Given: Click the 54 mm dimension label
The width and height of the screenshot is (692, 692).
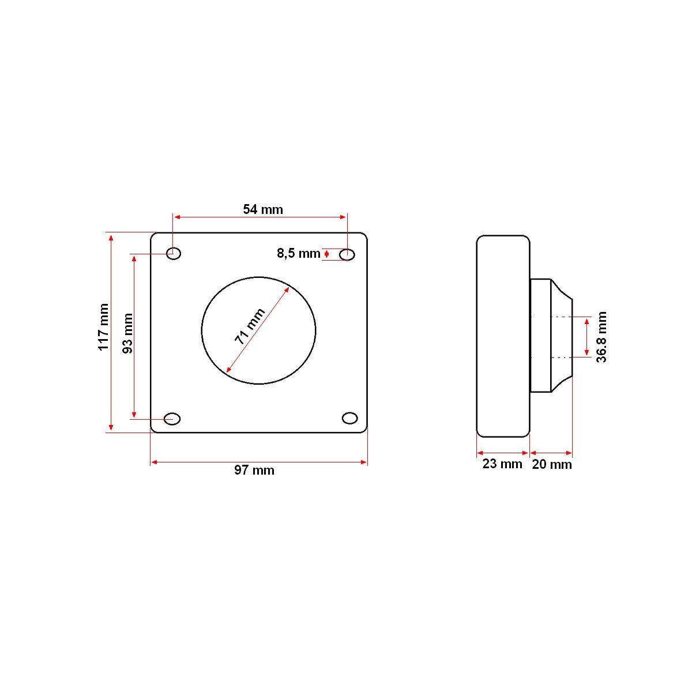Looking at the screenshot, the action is pyautogui.click(x=263, y=209).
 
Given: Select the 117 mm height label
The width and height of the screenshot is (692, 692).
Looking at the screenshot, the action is pyautogui.click(x=103, y=327).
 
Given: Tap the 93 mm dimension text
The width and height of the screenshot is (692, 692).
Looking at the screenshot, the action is pyautogui.click(x=127, y=333).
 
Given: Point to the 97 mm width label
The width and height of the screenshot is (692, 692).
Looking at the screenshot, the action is pyautogui.click(x=254, y=470).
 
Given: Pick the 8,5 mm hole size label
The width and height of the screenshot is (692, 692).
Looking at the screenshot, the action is pyautogui.click(x=298, y=254).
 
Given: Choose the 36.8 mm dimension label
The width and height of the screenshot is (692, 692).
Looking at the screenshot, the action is pyautogui.click(x=601, y=337).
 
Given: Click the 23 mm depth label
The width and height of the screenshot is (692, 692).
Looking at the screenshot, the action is pyautogui.click(x=502, y=464).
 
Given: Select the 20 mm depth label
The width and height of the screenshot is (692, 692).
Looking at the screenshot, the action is pyautogui.click(x=552, y=464).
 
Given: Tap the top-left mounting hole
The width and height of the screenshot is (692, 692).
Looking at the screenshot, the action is pyautogui.click(x=174, y=254).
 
